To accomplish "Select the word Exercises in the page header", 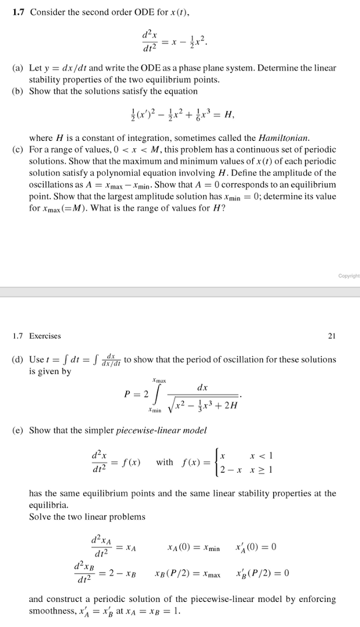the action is [47, 336].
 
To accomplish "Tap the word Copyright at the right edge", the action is [348, 275].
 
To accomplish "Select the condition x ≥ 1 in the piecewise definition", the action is [262, 470].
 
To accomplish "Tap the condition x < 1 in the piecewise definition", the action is [262, 455].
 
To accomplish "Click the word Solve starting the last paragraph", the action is [40, 516].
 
